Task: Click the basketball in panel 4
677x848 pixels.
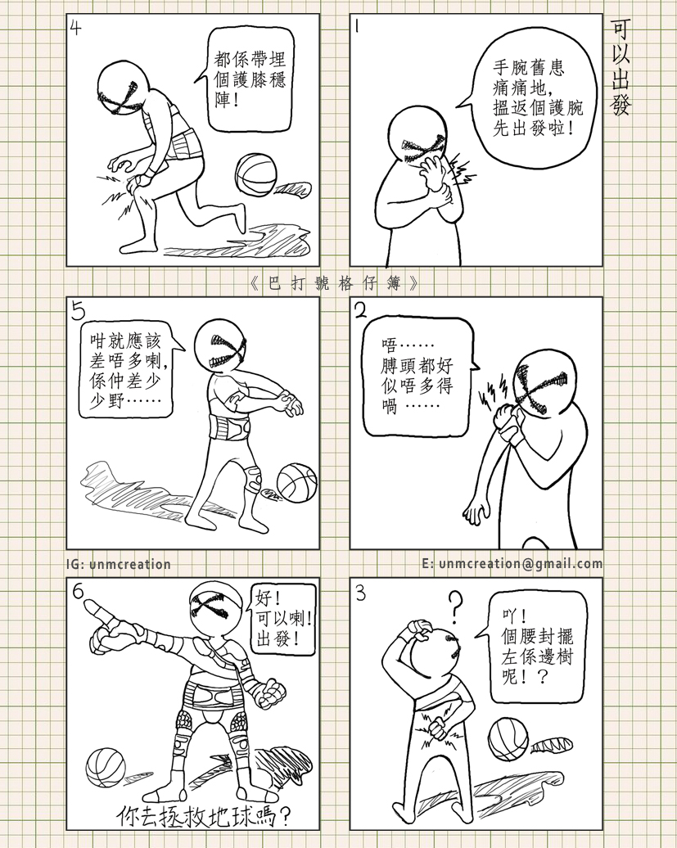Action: pos(255,176)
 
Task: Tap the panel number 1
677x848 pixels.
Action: pos(357,27)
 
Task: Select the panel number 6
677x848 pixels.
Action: pos(78,593)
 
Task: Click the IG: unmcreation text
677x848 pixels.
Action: pos(119,564)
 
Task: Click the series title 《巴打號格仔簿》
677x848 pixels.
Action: pos(336,283)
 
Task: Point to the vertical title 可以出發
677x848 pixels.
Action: pos(621,69)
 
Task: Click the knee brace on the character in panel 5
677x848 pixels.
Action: pos(254,476)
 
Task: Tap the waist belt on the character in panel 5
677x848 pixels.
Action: pos(230,429)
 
